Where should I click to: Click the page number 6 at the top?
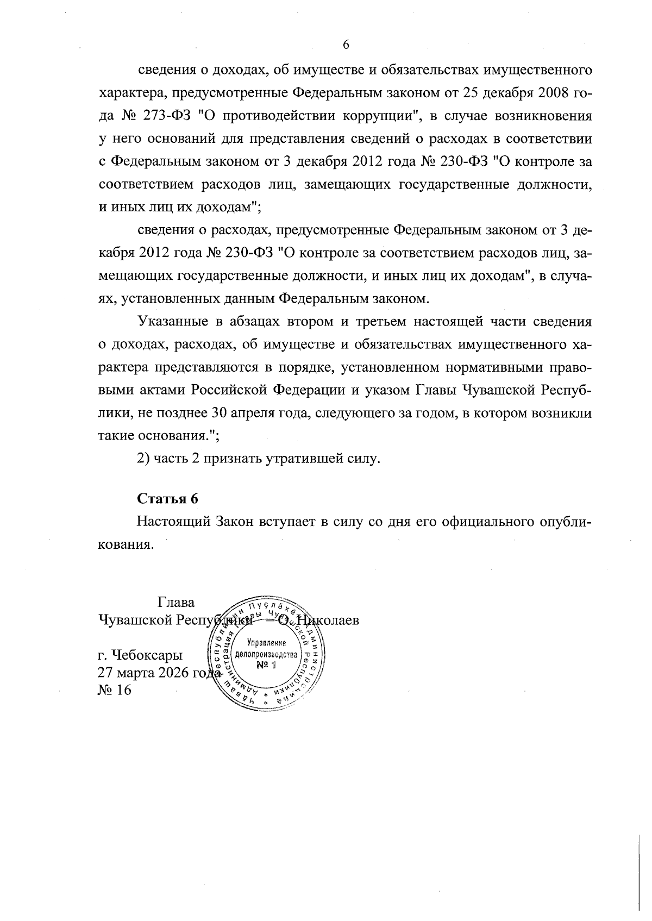click(346, 45)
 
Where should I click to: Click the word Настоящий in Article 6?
click(172, 522)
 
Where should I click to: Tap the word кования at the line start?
click(123, 544)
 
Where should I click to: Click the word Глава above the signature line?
click(176, 603)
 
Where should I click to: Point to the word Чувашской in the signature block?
click(128, 620)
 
